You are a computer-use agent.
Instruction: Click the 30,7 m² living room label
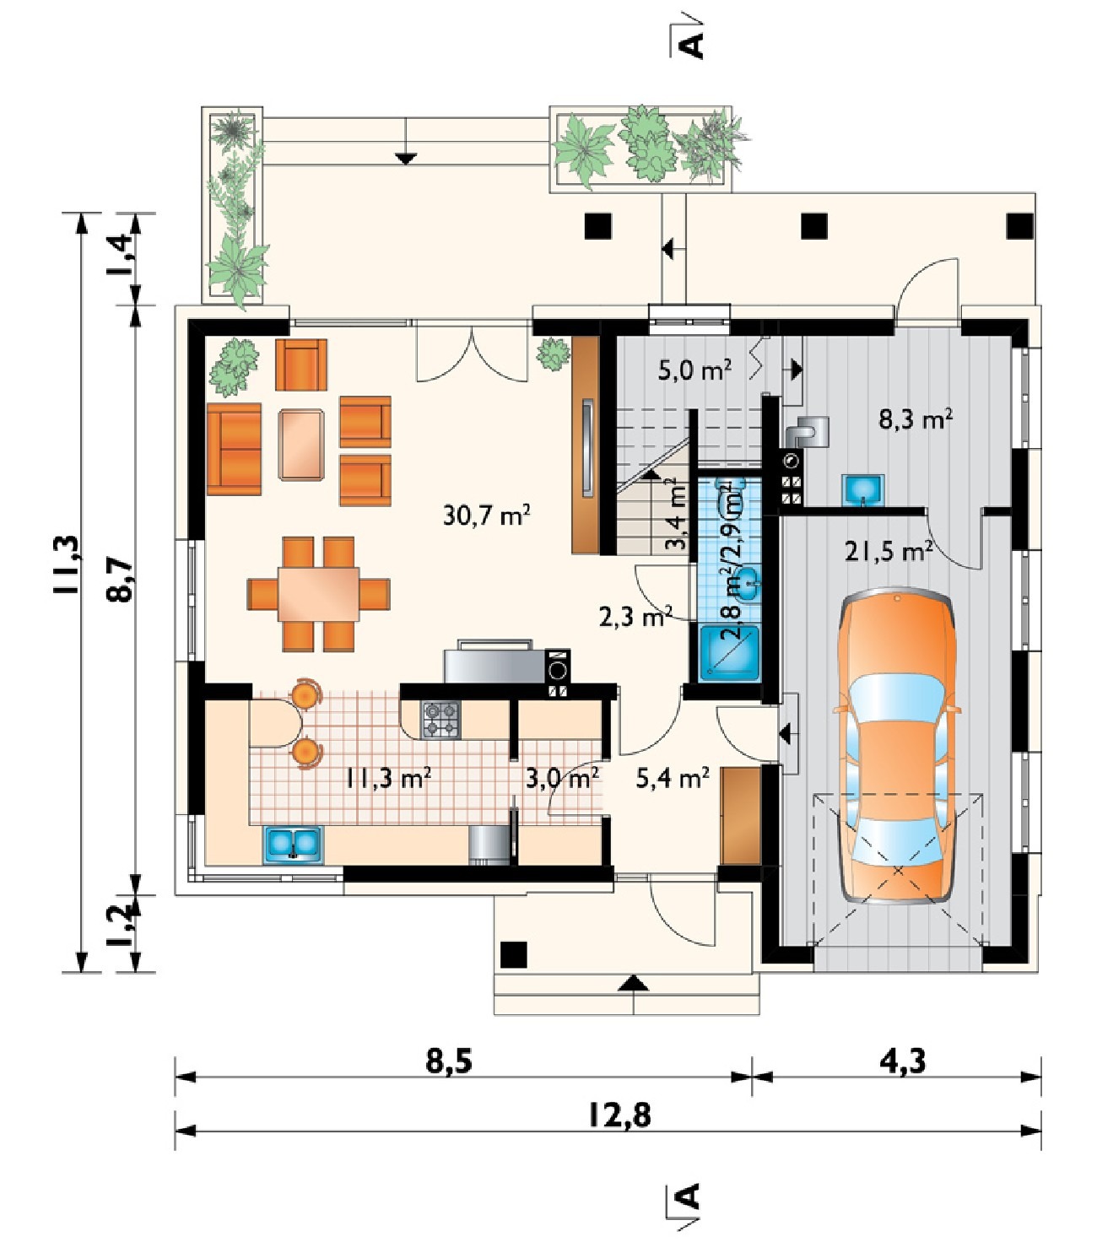tap(486, 515)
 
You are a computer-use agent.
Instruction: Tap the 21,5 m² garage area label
tap(889, 551)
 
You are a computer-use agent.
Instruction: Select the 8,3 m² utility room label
tap(916, 419)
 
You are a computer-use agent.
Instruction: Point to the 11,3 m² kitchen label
tap(388, 778)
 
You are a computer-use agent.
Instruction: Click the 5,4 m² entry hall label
tap(673, 778)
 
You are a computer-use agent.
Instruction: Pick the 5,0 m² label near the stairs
tap(694, 370)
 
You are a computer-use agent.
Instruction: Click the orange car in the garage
tap(896, 745)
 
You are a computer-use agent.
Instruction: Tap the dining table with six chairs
tap(318, 594)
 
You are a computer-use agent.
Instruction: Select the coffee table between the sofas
tap(301, 444)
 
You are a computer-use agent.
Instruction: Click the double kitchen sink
tap(293, 845)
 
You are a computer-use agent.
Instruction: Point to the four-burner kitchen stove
tap(440, 719)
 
